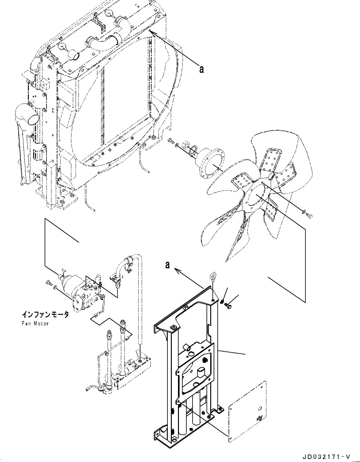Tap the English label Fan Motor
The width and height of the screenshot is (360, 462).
click(x=35, y=323)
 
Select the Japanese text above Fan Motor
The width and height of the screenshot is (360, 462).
click(x=45, y=315)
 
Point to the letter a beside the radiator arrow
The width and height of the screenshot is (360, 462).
click(x=202, y=69)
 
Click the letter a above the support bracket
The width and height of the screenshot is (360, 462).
click(x=168, y=265)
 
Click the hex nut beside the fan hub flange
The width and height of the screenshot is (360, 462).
click(x=186, y=144)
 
